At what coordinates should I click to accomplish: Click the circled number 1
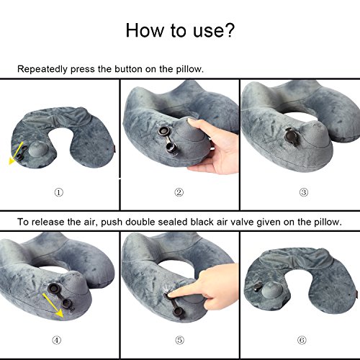click(59, 192)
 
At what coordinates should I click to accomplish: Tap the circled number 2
click(179, 192)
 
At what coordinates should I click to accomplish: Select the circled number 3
click(304, 192)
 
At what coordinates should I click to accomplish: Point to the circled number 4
click(57, 340)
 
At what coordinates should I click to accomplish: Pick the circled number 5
click(180, 340)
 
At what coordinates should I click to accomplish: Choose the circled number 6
click(302, 340)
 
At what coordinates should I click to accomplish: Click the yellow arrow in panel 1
click(16, 153)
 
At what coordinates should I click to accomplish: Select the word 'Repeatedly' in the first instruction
click(42, 69)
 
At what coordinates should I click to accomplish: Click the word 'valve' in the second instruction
click(242, 222)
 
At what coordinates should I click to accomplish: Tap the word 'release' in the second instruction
click(48, 222)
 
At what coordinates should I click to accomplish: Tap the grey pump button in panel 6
click(271, 291)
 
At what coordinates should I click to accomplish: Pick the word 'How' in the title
click(144, 30)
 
